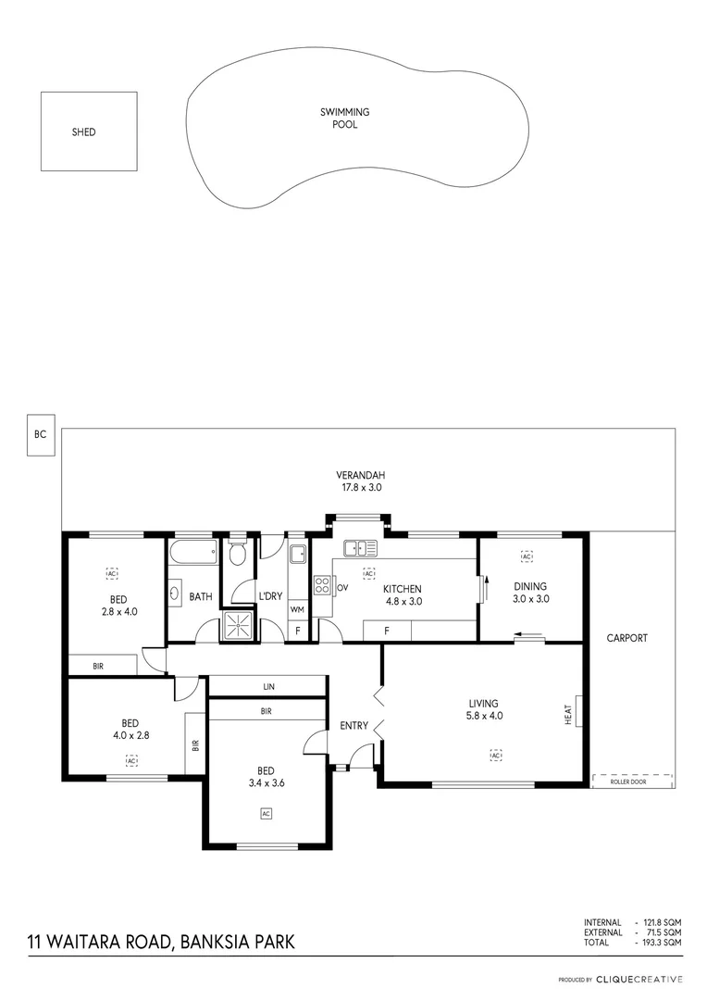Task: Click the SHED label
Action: tap(83, 132)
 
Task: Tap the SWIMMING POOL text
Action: tap(345, 118)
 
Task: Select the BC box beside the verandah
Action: tap(40, 433)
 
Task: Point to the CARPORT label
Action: tap(626, 638)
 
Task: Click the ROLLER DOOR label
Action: tap(628, 782)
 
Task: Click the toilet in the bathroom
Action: tap(238, 555)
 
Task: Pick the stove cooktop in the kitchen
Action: tap(322, 585)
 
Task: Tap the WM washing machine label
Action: tap(297, 609)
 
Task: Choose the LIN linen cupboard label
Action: tap(268, 687)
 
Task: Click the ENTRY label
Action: tap(353, 726)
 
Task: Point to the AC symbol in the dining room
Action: tap(527, 556)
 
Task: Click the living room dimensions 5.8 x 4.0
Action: tap(484, 716)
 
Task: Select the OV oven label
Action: tap(341, 588)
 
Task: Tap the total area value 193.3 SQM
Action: tap(661, 942)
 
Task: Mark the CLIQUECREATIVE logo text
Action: tap(639, 979)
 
